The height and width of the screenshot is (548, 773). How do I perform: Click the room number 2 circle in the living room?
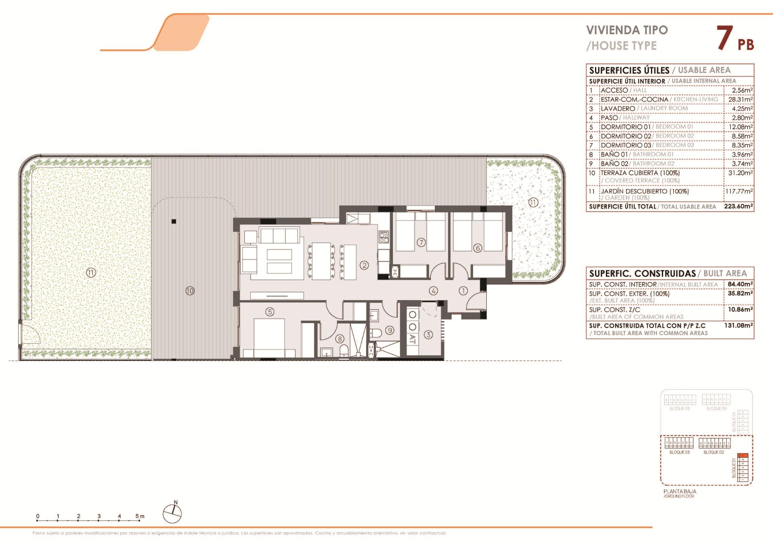pyautogui.click(x=364, y=265)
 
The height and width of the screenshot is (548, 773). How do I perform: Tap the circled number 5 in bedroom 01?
pyautogui.click(x=270, y=311)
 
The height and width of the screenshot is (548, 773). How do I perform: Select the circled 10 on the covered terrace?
pyautogui.click(x=190, y=290)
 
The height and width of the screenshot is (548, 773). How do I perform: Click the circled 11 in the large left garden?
pyautogui.click(x=91, y=273)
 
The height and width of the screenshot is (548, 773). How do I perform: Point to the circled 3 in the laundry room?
pyautogui.click(x=428, y=334)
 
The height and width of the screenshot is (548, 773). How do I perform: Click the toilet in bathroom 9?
pyautogui.click(x=375, y=333)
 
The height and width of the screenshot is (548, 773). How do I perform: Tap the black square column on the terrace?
pyautogui.click(x=174, y=221)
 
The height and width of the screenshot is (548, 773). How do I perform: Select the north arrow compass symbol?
pyautogui.click(x=172, y=514)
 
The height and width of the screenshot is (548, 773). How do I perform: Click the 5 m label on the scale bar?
pyautogui.click(x=139, y=516)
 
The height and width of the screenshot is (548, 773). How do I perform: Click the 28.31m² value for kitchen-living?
pyautogui.click(x=740, y=99)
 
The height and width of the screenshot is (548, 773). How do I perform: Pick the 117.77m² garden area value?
pyautogui.click(x=739, y=192)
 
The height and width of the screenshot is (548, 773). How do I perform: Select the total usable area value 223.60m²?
pyautogui.click(x=738, y=206)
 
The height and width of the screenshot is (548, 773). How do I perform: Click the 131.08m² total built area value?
pyautogui.click(x=738, y=325)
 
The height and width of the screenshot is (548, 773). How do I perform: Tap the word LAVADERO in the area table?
pyautogui.click(x=618, y=109)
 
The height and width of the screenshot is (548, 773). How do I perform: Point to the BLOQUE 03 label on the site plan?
pyautogui.click(x=679, y=452)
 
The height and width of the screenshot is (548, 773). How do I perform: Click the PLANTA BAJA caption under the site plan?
pyautogui.click(x=680, y=491)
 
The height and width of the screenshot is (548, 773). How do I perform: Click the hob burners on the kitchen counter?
pyautogui.click(x=383, y=237)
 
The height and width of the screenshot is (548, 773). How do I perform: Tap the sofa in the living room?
pyautogui.click(x=279, y=235)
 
